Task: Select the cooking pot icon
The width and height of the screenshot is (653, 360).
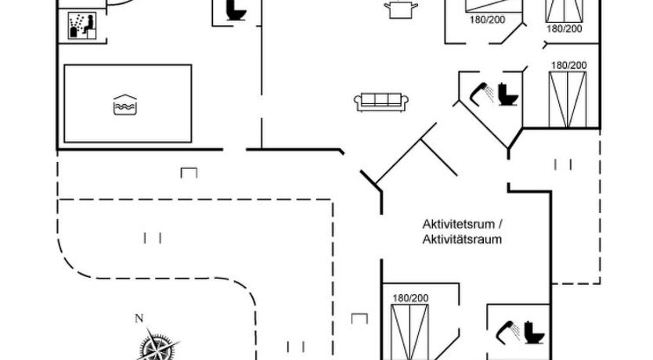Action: (401, 8)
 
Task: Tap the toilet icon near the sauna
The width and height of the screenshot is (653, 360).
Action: (233, 9)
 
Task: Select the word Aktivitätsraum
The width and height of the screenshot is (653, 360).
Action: (462, 239)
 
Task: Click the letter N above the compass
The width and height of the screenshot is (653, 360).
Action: (139, 318)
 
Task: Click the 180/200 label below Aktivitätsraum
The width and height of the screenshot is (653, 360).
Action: (410, 298)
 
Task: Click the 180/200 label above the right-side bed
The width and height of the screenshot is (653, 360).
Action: (568, 65)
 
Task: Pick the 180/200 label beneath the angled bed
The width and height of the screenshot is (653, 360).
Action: (487, 20)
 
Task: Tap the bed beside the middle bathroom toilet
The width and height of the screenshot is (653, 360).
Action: (568, 97)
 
